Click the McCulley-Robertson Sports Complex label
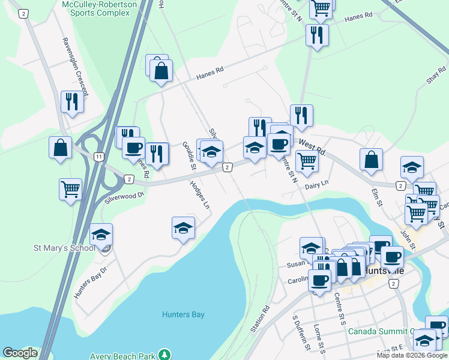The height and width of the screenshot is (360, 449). pyautogui.click(x=100, y=8)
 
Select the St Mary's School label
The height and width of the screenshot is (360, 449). pyautogui.click(x=64, y=248)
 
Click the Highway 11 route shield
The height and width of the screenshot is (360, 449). pyautogui.click(x=98, y=156)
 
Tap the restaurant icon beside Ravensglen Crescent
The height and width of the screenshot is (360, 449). pyautogui.click(x=72, y=101)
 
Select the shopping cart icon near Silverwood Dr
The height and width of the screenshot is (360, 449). pyautogui.click(x=70, y=189)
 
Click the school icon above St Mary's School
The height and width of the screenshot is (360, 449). pyautogui.click(x=101, y=234)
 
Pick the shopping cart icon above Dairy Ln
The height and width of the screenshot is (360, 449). pyautogui.click(x=306, y=160)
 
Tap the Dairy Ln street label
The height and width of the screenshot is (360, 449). pyautogui.click(x=317, y=185)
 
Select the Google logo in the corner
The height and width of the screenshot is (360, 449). pyautogui.click(x=20, y=353)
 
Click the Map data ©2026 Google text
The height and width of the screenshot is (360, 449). pyautogui.click(x=411, y=355)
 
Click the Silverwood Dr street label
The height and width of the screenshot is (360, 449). pyautogui.click(x=125, y=196)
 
